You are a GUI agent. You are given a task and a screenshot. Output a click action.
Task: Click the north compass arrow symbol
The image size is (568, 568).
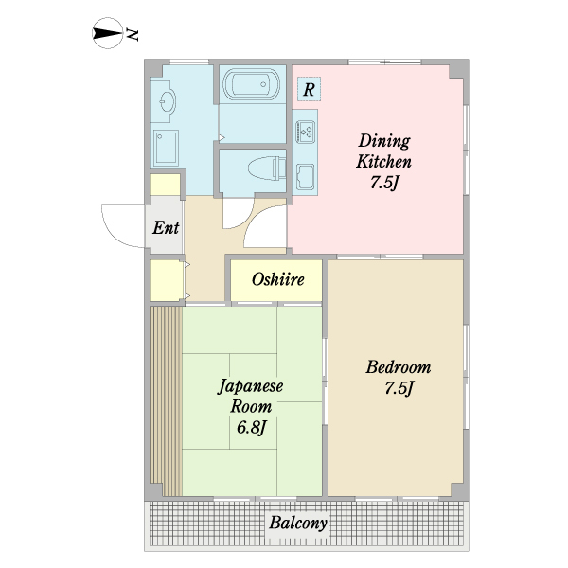point(107,33)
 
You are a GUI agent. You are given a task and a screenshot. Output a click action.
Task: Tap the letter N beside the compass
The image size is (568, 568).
point(132,34)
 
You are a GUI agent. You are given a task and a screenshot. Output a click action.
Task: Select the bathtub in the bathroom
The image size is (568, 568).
point(251,84)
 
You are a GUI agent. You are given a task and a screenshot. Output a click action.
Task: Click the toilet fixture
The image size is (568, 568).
point(267,169)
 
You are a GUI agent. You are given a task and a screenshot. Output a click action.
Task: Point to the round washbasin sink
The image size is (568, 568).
point(167,100)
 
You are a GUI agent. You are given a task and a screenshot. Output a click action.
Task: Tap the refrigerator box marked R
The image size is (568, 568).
point(309,89)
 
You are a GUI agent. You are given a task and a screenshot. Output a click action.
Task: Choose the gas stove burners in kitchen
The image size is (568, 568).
point(306,131)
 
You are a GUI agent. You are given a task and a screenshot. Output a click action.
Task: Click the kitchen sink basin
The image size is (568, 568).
point(305,177)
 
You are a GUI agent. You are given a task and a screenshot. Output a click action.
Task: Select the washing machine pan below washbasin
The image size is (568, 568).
point(166,148)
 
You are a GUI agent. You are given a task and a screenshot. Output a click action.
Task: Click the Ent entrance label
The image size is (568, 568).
point(166,228)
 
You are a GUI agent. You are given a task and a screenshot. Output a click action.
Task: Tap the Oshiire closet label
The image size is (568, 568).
point(277,279)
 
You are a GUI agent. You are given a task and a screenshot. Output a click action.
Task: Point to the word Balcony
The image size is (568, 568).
point(298,523)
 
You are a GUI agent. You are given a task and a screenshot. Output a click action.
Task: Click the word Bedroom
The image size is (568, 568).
point(399,367)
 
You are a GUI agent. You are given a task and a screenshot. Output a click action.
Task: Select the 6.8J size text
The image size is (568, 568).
point(252,428)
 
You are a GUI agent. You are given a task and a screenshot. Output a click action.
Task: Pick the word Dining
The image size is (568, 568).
point(384,141)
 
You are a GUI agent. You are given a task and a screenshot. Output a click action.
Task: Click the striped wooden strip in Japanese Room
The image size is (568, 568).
point(166,401)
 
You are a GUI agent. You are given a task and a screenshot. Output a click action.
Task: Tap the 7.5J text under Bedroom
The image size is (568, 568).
point(399,388)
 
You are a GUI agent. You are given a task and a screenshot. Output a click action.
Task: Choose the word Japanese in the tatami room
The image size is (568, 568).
point(250,386)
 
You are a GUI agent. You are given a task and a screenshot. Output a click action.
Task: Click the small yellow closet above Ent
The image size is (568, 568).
point(165,185)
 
